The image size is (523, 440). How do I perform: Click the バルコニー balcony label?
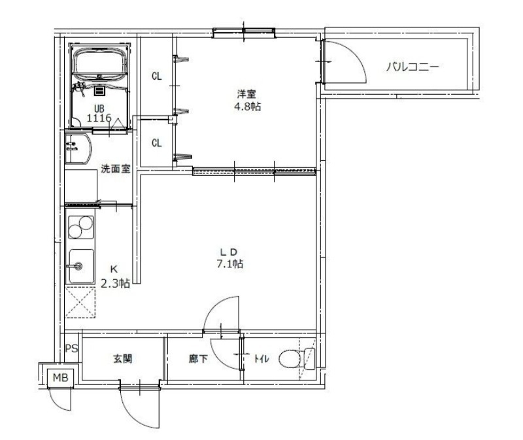(x=411, y=66)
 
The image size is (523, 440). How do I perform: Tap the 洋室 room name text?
(x=246, y=93)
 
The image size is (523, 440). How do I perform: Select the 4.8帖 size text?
(x=247, y=107)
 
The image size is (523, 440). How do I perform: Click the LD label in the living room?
(x=231, y=252)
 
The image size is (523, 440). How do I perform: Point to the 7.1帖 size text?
(x=231, y=265)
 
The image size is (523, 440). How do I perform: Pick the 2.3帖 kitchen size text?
(x=114, y=283)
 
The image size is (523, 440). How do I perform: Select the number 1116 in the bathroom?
(x=99, y=118)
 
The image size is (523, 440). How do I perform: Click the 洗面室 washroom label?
(x=115, y=169)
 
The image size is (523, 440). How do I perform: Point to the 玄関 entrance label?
(x=123, y=359)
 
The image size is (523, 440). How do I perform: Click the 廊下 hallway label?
(x=198, y=359)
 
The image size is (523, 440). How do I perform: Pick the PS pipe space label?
(x=71, y=348)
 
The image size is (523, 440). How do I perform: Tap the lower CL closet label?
(x=156, y=143)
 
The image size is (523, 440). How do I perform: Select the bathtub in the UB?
(x=100, y=64)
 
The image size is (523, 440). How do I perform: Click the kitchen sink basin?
(x=80, y=266)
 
